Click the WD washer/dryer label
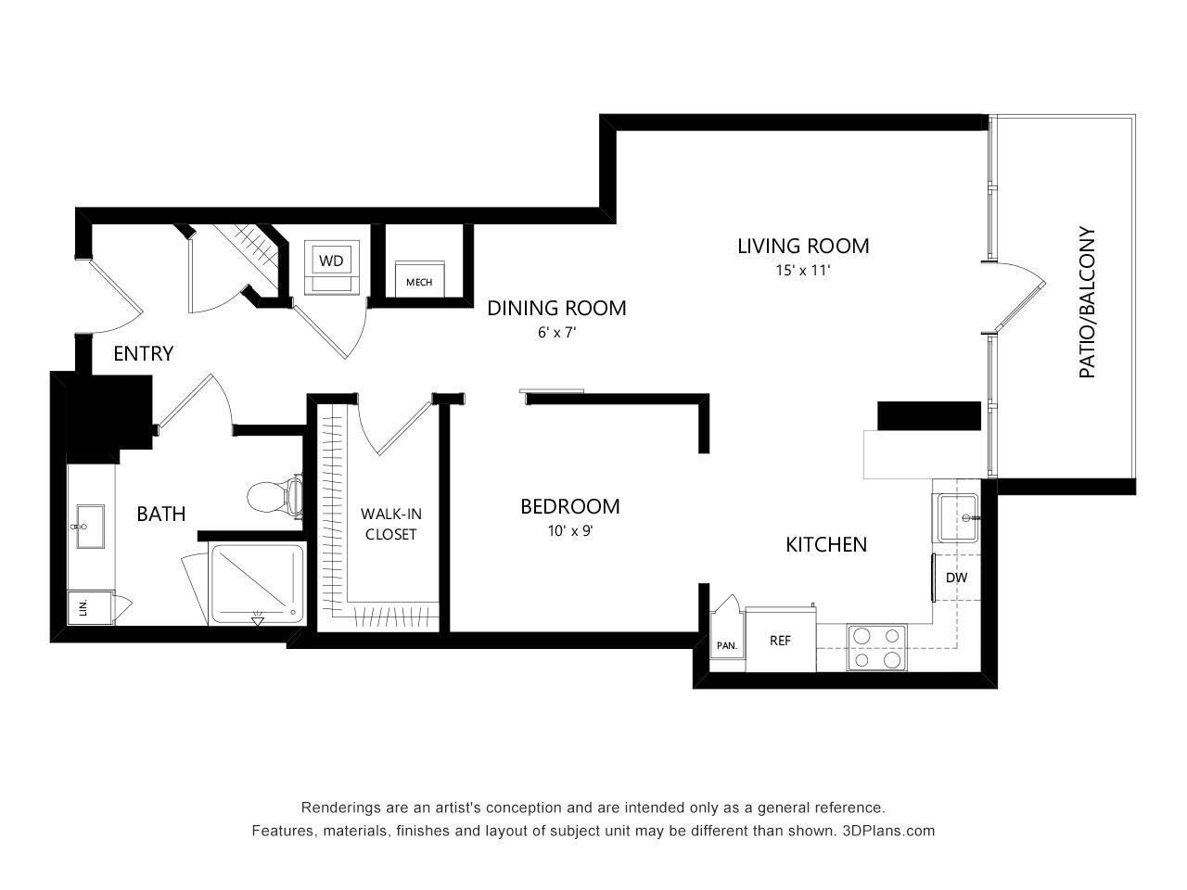pyautogui.click(x=331, y=261)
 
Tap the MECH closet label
pyautogui.click(x=418, y=282)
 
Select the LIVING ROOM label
pyautogui.click(x=803, y=246)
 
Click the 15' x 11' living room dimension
pyautogui.click(x=803, y=272)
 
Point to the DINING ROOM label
pyautogui.click(x=556, y=308)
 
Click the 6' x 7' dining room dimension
pyautogui.click(x=556, y=333)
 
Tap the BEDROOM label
pyautogui.click(x=569, y=506)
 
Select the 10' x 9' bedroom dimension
pyautogui.click(x=569, y=531)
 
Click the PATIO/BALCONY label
pyautogui.click(x=1087, y=303)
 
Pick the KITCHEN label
pyautogui.click(x=826, y=544)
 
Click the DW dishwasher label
pyautogui.click(x=956, y=578)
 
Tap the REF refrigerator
pyautogui.click(x=780, y=640)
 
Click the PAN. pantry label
pyautogui.click(x=726, y=645)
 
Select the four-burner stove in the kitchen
pyautogui.click(x=876, y=647)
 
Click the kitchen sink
pyautogui.click(x=957, y=517)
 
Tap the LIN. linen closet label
pyautogui.click(x=83, y=608)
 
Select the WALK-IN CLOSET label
pyautogui.click(x=390, y=524)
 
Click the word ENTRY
pyautogui.click(x=143, y=353)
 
